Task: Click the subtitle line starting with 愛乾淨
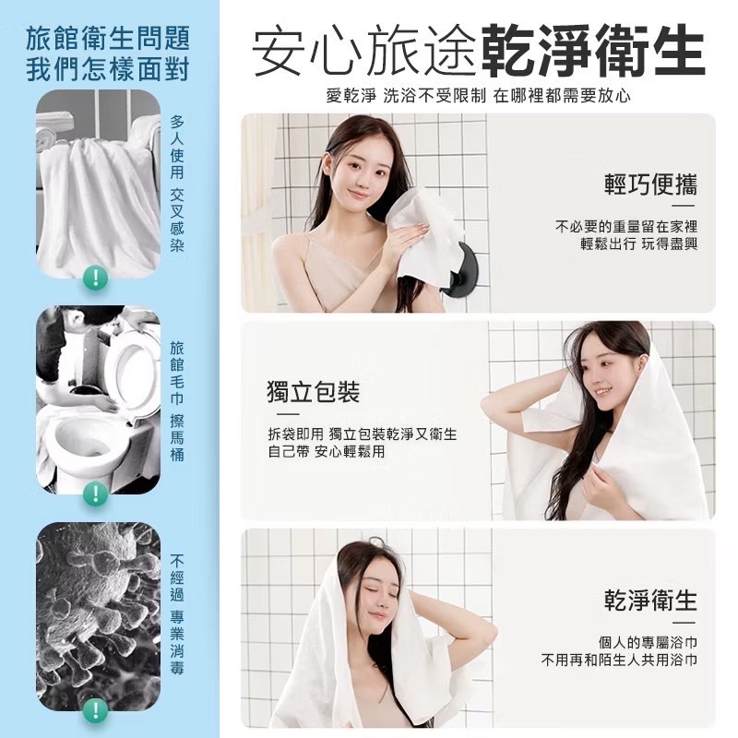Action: tap(478, 95)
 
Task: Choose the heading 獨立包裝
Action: tap(307, 394)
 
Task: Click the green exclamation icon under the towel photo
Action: tap(93, 275)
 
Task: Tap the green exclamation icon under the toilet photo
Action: tap(93, 494)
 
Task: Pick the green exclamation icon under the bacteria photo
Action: tap(93, 708)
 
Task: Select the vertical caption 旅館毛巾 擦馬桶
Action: tap(177, 402)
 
